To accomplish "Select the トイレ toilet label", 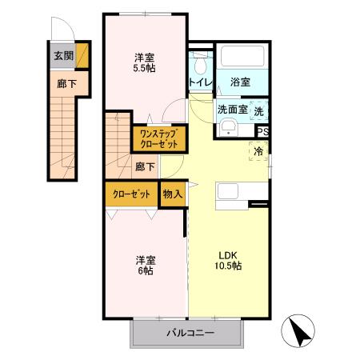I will [x=199, y=82].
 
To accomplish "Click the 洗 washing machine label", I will [x=260, y=110].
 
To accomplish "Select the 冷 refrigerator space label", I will [x=259, y=150].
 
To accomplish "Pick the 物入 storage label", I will [x=172, y=194].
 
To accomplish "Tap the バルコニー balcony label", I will [x=190, y=332].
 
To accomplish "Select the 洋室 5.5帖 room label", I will [x=145, y=62].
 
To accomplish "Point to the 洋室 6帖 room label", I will [x=145, y=265].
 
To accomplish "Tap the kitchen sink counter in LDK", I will [x=234, y=194].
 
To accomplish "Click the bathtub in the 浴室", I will [x=242, y=58].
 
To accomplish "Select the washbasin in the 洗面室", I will [x=227, y=129].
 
